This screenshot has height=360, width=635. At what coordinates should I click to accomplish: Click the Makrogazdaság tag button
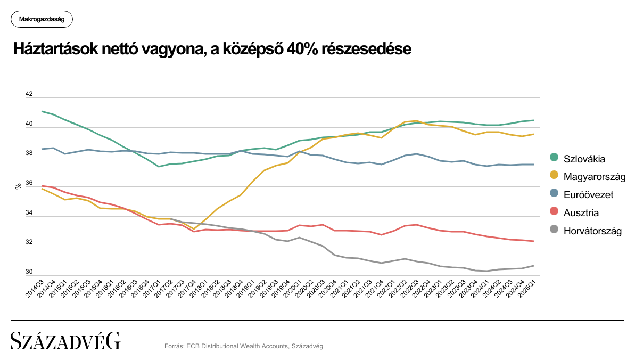42,19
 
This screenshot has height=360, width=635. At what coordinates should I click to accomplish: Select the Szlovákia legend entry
584,159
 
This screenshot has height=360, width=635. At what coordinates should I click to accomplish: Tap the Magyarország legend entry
594,176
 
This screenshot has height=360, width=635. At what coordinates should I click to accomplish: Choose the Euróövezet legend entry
588,195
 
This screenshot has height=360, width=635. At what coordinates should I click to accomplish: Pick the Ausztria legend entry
581,213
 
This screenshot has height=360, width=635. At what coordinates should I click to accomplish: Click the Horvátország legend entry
592,231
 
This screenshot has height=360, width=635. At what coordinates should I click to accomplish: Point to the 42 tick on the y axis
29,94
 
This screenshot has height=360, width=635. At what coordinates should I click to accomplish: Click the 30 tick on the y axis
29,272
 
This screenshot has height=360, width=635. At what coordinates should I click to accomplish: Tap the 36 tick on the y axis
29,183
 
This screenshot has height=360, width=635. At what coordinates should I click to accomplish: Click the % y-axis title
18,186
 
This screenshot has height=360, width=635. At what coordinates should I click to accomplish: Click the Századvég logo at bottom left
65,341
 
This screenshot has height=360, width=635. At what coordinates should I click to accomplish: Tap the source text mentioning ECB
244,346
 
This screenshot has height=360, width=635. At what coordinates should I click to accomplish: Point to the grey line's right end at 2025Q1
533,266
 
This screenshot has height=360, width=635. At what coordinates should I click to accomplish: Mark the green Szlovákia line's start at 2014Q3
42,111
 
